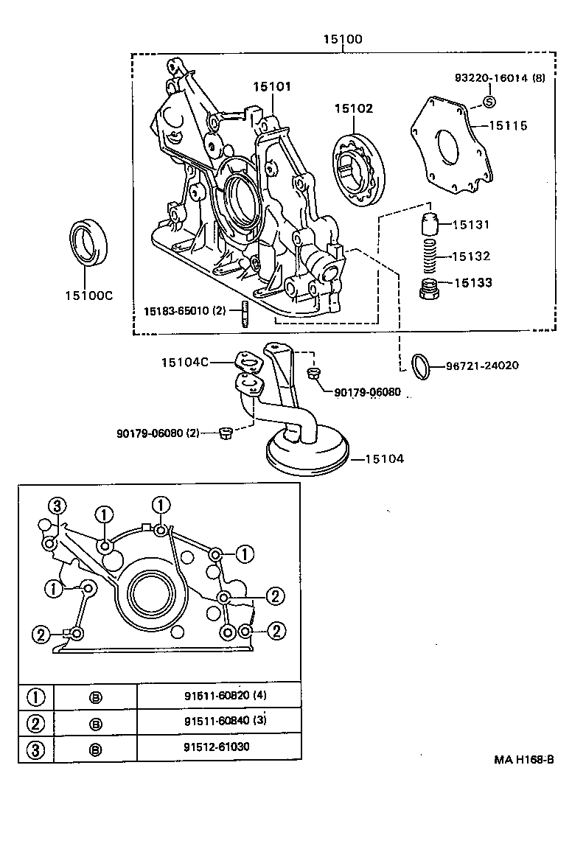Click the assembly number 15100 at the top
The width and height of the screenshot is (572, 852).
(x=342, y=40)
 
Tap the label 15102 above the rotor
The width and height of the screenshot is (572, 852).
(x=353, y=108)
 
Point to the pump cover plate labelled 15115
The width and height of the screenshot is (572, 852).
(x=450, y=147)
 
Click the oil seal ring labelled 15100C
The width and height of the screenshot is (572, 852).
(x=88, y=242)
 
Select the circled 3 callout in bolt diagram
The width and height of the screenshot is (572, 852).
(x=57, y=506)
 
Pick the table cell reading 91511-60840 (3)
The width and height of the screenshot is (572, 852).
(x=218, y=722)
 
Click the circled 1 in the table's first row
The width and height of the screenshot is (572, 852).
(x=36, y=696)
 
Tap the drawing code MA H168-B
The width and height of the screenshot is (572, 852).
(x=523, y=758)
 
